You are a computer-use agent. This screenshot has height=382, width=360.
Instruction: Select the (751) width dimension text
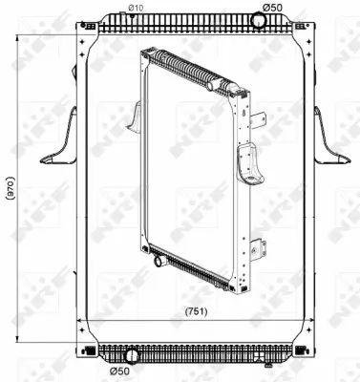196,310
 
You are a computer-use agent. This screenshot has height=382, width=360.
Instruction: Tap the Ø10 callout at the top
136,9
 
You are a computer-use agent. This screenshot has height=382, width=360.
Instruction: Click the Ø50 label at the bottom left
119,371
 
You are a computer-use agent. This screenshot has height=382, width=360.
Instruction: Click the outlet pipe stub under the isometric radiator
157,257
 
